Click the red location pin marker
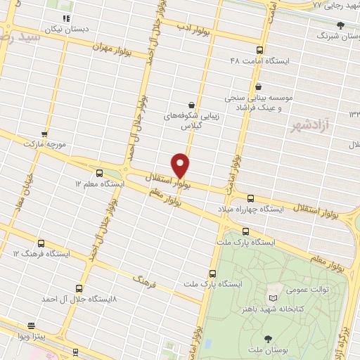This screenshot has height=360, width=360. pyautogui.click(x=181, y=165)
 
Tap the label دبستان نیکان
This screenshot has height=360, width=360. pyautogui.click(x=64, y=30)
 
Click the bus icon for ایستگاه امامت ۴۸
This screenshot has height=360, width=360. pyautogui.click(x=259, y=50)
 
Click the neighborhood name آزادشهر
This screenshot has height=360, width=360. pyautogui.click(x=309, y=125)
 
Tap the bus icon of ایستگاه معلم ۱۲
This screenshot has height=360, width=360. pyautogui.click(x=98, y=173)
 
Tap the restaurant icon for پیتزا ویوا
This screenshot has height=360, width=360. pyautogui.click(x=31, y=326)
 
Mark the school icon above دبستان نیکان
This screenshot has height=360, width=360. pyautogui.click(x=66, y=18)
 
